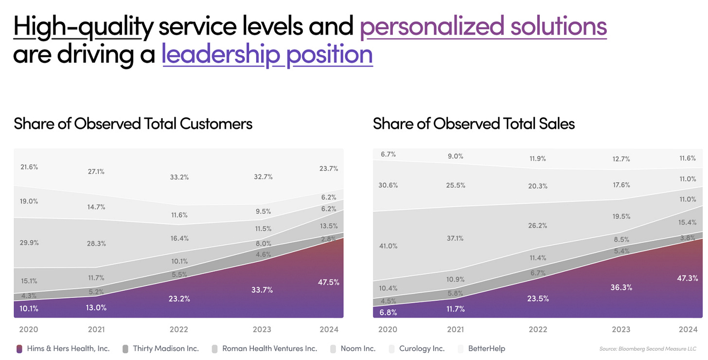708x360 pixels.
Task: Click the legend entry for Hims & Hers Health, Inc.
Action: (x=68, y=348)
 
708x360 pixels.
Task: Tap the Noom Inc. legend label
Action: (x=357, y=348)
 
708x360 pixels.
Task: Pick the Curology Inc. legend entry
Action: (x=422, y=348)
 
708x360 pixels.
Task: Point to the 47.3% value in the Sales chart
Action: (x=688, y=278)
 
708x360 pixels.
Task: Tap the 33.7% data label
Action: (x=263, y=290)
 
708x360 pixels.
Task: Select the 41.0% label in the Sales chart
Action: (x=388, y=246)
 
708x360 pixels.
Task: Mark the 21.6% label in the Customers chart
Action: (x=29, y=167)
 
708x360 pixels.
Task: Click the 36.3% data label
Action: (x=621, y=288)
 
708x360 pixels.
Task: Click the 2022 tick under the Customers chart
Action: (x=179, y=329)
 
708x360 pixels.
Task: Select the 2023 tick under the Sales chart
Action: (x=621, y=329)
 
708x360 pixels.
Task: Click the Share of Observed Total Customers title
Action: (x=133, y=124)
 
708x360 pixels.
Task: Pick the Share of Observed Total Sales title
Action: (x=474, y=124)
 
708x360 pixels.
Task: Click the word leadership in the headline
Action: (x=221, y=54)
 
